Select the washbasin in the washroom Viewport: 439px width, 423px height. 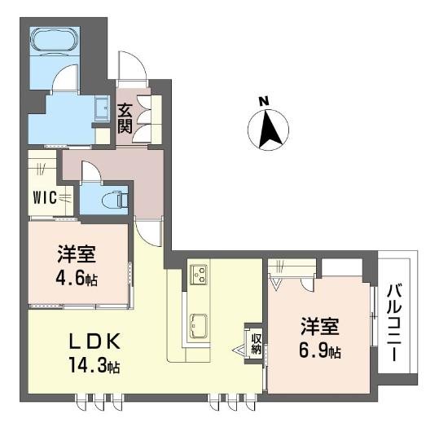tap(102, 109)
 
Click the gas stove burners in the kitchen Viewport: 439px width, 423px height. tap(199, 275)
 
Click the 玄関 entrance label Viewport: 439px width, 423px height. tap(125, 116)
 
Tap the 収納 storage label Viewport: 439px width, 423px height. tap(254, 343)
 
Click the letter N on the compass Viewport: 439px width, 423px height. tap(263, 101)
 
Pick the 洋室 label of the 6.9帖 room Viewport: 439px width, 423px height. tap(318, 327)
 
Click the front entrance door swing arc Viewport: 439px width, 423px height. tap(130, 67)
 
